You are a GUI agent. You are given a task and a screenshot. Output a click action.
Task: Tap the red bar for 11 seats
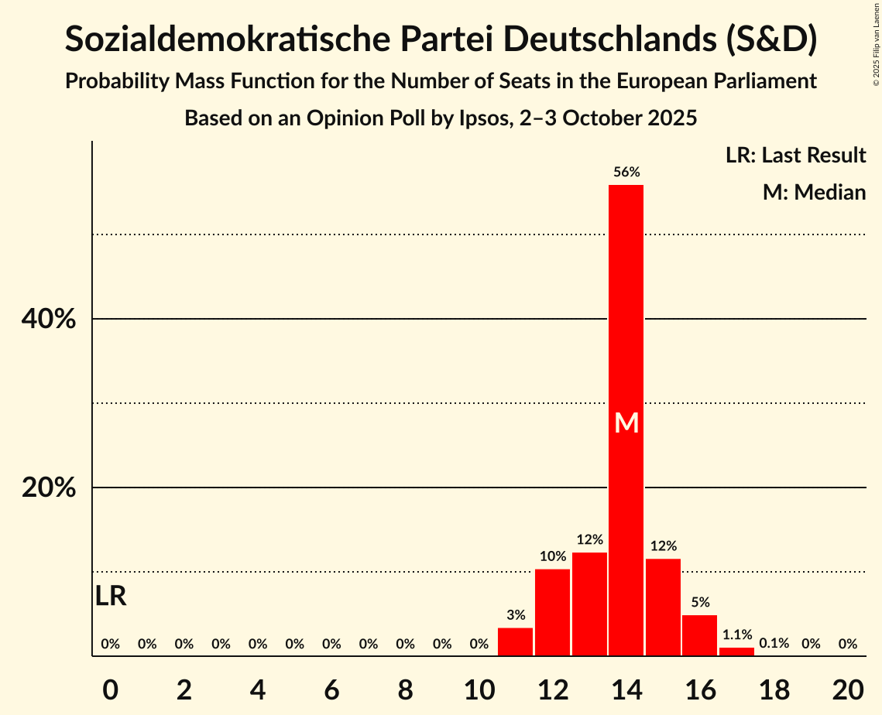point(515,642)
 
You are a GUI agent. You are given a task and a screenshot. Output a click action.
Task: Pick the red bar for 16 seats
point(699,635)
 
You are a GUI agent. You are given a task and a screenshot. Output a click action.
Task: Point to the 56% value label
point(626,173)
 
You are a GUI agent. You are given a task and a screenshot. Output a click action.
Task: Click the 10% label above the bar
point(553,556)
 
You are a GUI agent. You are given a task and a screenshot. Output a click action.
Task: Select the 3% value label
point(516,615)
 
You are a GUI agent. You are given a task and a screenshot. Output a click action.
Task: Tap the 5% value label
point(700,602)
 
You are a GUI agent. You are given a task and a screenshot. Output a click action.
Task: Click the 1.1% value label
point(736,635)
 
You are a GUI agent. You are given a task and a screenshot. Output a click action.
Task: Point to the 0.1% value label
point(774,643)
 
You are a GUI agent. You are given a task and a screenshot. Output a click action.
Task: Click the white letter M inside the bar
point(626,423)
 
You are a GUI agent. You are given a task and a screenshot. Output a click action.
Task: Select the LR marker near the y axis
point(111,597)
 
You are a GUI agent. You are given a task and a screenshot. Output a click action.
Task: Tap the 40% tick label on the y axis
point(49,319)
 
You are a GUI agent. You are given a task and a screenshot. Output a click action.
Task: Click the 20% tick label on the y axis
point(49,488)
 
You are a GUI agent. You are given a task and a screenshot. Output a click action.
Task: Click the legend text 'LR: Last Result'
point(795,156)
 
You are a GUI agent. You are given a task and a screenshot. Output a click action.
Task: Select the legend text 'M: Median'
point(814,192)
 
